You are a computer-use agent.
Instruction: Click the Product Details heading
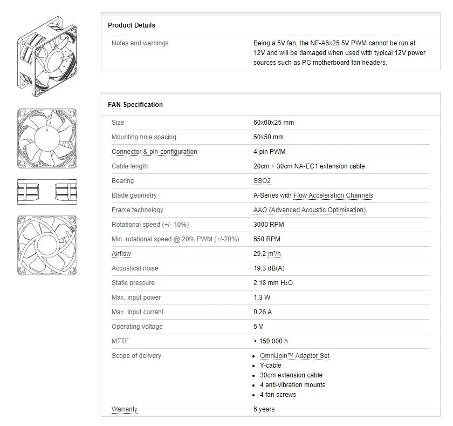[131, 25]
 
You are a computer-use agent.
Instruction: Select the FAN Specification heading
[135, 105]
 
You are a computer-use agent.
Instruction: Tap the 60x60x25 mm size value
[273, 123]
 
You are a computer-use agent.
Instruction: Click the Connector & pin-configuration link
[154, 152]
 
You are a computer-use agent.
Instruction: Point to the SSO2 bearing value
[262, 181]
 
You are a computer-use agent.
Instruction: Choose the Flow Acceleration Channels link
[333, 195]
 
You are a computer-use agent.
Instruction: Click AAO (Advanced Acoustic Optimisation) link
[309, 210]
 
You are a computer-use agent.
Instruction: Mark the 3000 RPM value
[269, 225]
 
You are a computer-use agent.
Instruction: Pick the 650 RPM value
[266, 239]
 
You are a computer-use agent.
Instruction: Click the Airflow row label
[121, 254]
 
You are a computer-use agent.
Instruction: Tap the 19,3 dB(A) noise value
[269, 268]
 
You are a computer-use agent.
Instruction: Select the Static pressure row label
[133, 283]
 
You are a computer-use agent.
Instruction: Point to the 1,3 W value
[262, 297]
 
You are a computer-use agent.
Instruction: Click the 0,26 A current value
[263, 312]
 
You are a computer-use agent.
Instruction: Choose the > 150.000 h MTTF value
[270, 341]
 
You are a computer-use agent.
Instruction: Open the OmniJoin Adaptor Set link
[294, 356]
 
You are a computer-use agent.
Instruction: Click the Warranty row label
[124, 409]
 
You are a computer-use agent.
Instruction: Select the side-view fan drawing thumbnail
[47, 192]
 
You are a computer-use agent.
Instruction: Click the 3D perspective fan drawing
[47, 54]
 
